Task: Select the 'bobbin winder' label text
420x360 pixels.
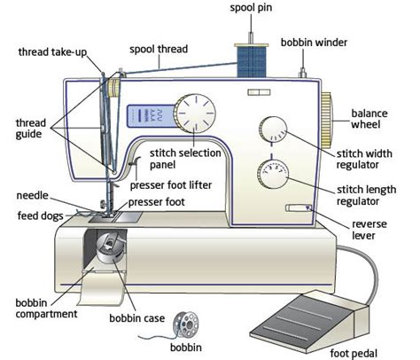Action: [x=314, y=42]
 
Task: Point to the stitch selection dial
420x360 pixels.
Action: [x=195, y=114]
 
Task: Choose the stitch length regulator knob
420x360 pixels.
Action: [x=273, y=175]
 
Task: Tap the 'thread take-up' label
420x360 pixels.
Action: [x=51, y=51]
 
